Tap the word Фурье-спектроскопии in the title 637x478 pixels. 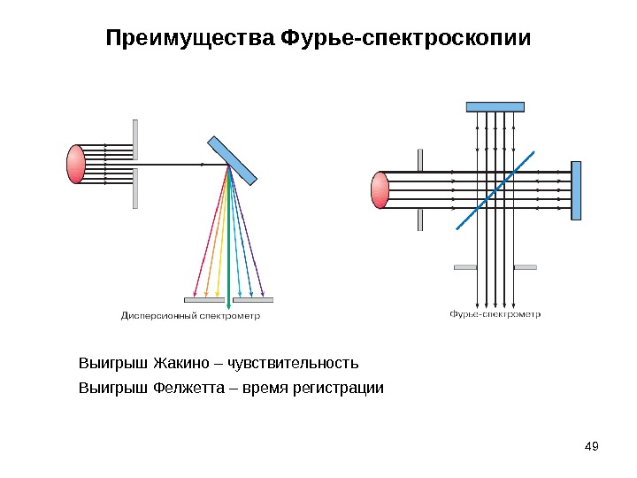click(x=404, y=41)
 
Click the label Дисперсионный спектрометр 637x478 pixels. click(x=190, y=314)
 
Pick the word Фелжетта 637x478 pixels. click(x=188, y=388)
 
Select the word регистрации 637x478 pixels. click(x=340, y=388)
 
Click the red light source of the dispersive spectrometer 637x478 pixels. click(x=77, y=164)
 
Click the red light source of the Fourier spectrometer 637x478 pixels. click(x=380, y=190)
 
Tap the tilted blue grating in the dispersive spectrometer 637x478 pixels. click(x=232, y=160)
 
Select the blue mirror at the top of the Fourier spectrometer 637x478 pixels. click(x=495, y=107)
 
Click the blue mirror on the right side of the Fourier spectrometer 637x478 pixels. click(x=576, y=189)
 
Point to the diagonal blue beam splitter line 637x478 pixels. click(x=495, y=189)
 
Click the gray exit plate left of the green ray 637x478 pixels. click(x=203, y=299)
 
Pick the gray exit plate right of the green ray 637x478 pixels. click(x=253, y=299)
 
